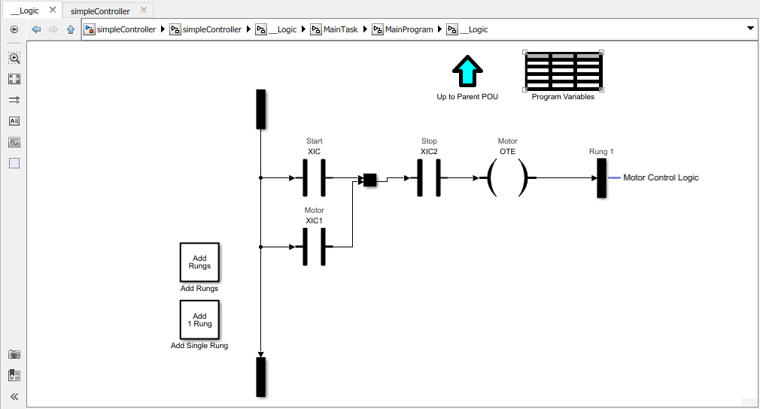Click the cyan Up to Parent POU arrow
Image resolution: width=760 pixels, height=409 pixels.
(x=467, y=73)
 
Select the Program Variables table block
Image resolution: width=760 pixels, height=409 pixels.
(x=563, y=71)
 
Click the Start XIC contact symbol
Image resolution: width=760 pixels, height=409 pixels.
(x=314, y=178)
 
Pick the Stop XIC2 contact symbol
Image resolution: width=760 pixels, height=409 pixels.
(x=429, y=178)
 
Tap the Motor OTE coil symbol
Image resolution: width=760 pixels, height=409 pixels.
(x=508, y=178)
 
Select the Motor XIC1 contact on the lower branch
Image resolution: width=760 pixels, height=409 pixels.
(x=314, y=246)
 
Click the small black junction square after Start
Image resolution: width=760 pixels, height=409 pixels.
(x=369, y=180)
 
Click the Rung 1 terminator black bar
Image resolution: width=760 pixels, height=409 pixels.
(x=601, y=178)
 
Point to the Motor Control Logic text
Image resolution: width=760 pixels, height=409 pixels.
(x=661, y=178)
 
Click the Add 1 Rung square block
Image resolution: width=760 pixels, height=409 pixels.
(x=199, y=320)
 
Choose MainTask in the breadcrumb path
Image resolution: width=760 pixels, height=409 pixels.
(x=340, y=29)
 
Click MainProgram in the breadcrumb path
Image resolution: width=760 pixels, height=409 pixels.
(x=409, y=29)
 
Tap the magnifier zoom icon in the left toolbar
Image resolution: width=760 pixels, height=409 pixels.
(x=14, y=58)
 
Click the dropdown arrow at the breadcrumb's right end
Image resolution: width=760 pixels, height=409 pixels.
(x=749, y=29)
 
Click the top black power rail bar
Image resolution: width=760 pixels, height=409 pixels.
(x=261, y=109)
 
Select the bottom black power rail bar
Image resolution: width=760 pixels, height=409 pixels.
(x=261, y=376)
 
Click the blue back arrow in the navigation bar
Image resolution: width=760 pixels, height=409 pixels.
(x=36, y=29)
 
